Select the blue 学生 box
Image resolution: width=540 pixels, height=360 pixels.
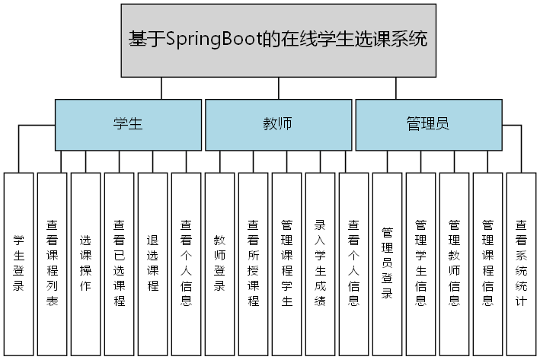click(x=128, y=124)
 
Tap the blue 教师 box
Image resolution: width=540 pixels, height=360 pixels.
click(x=278, y=124)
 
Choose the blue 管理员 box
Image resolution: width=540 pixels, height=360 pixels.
click(x=429, y=124)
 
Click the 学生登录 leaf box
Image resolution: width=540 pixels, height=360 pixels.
click(x=19, y=263)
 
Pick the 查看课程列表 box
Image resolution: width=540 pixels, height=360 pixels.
click(x=53, y=263)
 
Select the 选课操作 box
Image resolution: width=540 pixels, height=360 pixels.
click(x=86, y=263)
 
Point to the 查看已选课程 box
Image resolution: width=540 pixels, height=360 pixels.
click(x=120, y=263)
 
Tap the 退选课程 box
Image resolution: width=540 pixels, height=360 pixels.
click(x=153, y=263)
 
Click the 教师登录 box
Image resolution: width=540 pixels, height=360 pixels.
click(x=220, y=263)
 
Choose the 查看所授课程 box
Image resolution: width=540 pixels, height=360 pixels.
click(x=254, y=263)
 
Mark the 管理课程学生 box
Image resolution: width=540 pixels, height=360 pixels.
click(x=287, y=263)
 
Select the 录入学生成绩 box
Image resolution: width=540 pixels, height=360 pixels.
click(x=321, y=263)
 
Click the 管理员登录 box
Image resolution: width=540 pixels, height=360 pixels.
click(x=388, y=263)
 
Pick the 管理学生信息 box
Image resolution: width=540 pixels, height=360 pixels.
click(x=421, y=263)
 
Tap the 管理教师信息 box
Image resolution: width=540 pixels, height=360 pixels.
click(x=455, y=263)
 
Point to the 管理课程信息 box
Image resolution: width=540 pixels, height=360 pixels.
click(x=488, y=263)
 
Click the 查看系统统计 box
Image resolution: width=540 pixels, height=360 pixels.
click(x=522, y=263)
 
